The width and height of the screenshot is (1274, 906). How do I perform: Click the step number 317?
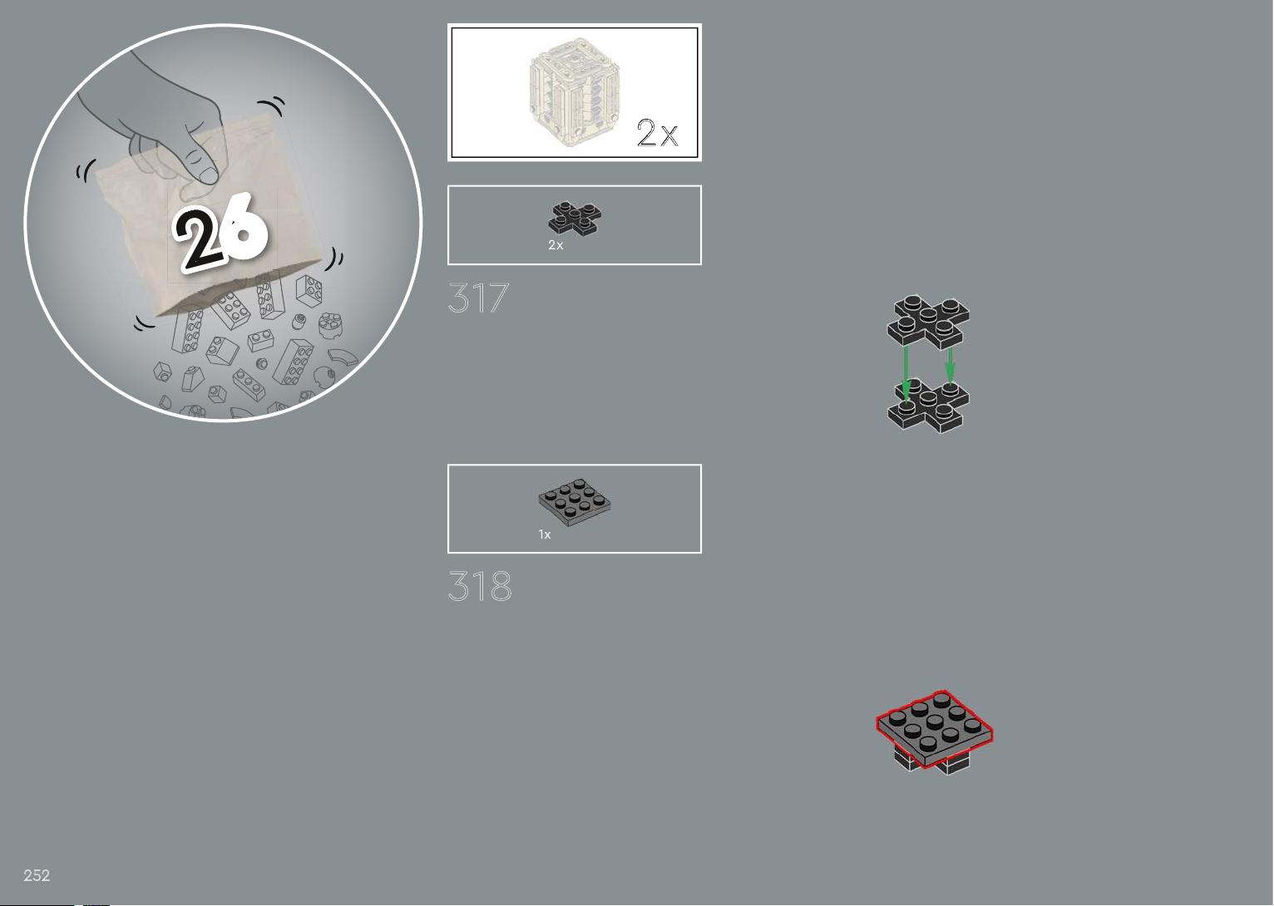coord(478,298)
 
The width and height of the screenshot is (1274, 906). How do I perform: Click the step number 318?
coord(480,586)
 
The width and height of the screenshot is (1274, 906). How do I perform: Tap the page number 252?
coord(37,875)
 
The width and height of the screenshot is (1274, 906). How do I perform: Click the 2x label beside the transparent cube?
coord(658,133)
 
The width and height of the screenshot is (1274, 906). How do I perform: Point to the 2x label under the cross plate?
coord(556,245)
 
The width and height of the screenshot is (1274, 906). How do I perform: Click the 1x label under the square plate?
coord(545,534)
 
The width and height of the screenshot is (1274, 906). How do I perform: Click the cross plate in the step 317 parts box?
coord(575,218)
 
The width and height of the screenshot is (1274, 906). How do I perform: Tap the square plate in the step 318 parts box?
coord(575,502)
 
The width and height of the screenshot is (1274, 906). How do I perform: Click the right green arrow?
coord(950,365)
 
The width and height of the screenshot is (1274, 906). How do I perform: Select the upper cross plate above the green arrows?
coord(928,321)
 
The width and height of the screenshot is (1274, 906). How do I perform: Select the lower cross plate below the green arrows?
coord(928,406)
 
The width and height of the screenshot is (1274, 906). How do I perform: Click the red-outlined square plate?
coord(935,729)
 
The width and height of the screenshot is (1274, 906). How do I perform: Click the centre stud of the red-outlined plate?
coord(935,721)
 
